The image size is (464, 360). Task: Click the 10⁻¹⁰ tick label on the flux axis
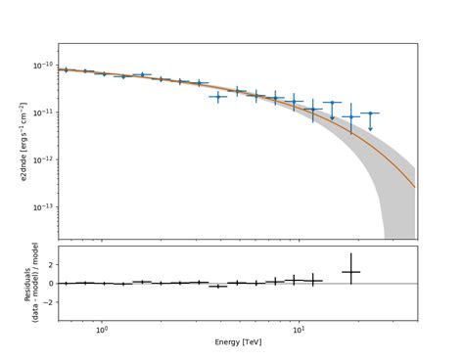(44, 66)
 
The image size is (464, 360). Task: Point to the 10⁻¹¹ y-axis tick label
(44, 112)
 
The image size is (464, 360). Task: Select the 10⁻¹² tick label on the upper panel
(44, 159)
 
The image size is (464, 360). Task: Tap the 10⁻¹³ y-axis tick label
(44, 206)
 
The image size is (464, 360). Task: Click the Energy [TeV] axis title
(237, 344)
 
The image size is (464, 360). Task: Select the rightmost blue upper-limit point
(370, 113)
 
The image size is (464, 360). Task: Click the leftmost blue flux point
(65, 69)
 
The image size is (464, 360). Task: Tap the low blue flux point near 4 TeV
(217, 96)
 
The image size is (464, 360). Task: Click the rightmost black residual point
(350, 272)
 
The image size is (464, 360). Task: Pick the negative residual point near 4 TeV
(217, 286)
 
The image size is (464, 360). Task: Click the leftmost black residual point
(65, 283)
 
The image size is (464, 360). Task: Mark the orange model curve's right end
(415, 187)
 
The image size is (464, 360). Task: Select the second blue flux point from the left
(85, 71)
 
